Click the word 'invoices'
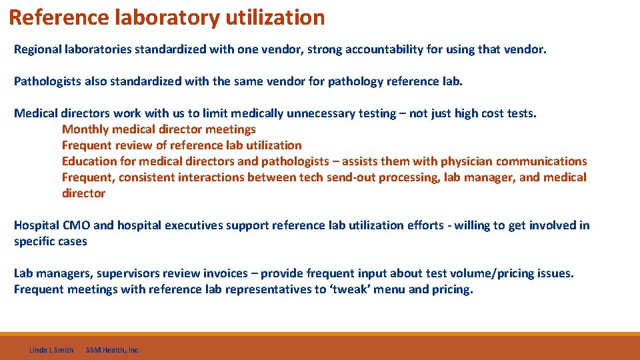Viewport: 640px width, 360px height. [x=233, y=273]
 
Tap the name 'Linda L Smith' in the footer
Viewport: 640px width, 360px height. [x=51, y=350]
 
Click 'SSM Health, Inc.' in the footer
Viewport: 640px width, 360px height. [x=113, y=350]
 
